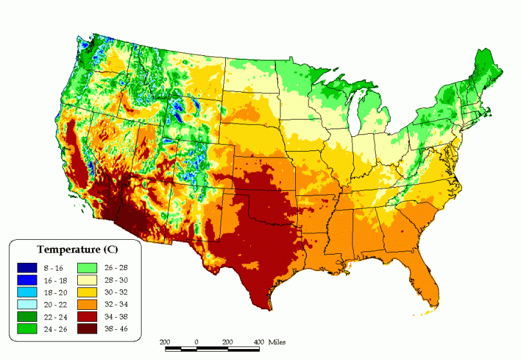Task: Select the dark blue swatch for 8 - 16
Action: click(26, 267)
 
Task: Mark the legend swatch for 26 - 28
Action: click(86, 267)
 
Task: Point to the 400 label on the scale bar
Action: click(258, 341)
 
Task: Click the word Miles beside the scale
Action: click(277, 341)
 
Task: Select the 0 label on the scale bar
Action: click(196, 341)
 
